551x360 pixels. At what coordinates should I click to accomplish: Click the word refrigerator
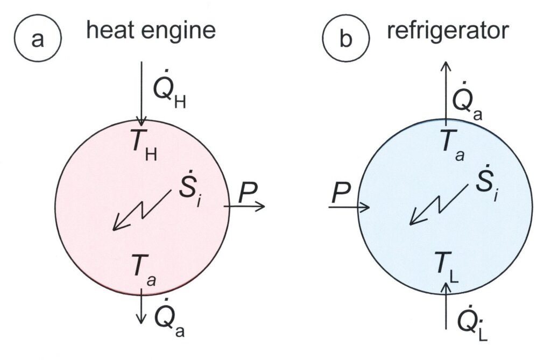[447, 32]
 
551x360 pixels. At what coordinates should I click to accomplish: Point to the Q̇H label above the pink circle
[169, 95]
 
